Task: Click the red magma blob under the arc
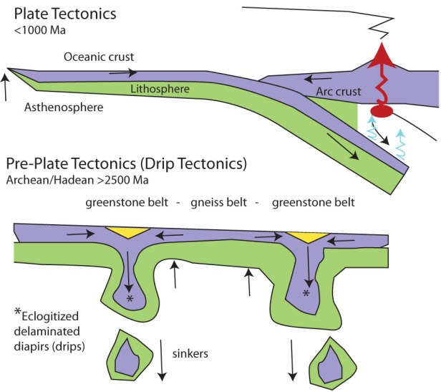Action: click(x=384, y=112)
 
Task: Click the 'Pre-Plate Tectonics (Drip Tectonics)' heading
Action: click(x=127, y=163)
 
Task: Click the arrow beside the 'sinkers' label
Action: click(x=160, y=362)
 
